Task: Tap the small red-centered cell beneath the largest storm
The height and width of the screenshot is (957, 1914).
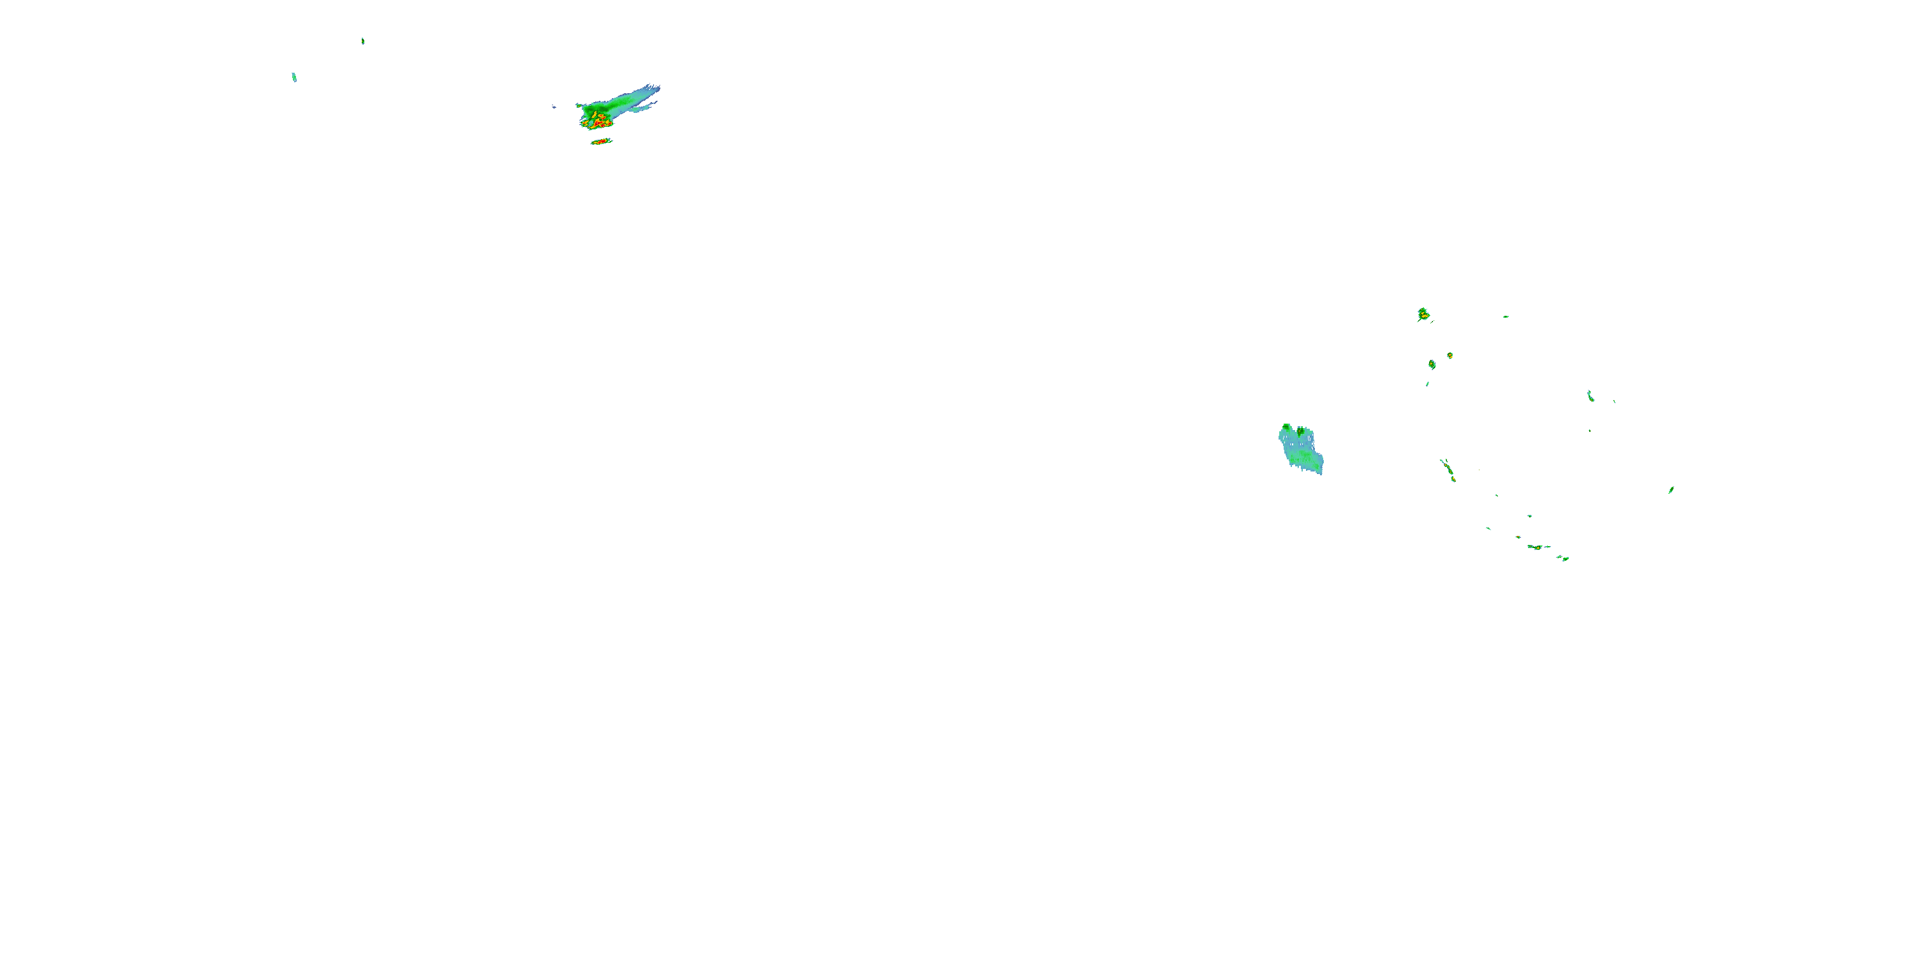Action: point(600,141)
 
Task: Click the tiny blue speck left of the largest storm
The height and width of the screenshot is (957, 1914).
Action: point(554,107)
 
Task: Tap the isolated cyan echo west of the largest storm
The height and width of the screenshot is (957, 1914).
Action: point(294,77)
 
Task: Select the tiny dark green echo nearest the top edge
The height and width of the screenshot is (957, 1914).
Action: point(362,41)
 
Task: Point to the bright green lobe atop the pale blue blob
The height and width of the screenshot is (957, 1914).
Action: point(1287,429)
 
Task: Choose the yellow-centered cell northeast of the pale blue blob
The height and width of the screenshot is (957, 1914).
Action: point(1423,315)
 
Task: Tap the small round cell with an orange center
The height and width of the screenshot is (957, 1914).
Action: point(1450,356)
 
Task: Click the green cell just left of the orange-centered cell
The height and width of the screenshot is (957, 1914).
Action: point(1432,364)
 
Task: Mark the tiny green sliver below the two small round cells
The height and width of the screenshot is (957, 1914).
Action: point(1427,384)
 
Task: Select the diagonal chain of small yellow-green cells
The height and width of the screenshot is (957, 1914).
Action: point(1448,470)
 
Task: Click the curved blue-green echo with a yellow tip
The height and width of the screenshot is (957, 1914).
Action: point(1590,396)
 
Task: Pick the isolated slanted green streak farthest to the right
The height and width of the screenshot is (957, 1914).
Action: point(1671,489)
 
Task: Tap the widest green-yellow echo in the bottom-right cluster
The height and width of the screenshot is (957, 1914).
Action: point(1535,547)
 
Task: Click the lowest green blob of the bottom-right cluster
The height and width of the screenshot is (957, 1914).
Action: point(1565,559)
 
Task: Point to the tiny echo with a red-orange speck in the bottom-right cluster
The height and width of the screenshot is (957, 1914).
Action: point(1517,537)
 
